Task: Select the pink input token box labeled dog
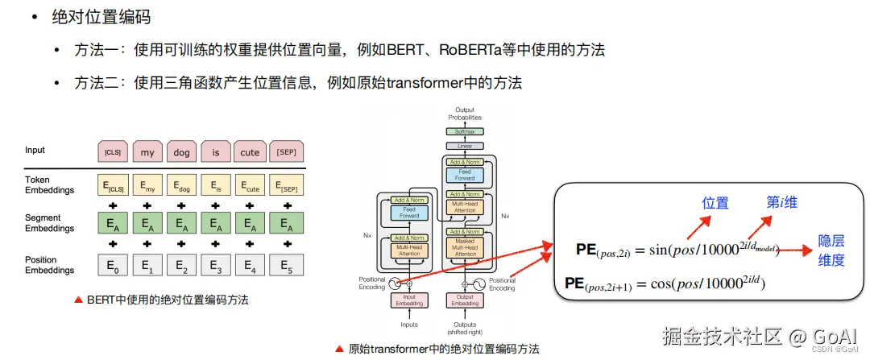click(x=181, y=152)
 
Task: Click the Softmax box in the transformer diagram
click(x=465, y=131)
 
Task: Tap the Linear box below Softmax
click(x=465, y=147)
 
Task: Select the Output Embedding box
click(x=465, y=299)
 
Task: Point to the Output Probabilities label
click(x=465, y=114)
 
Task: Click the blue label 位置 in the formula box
click(x=715, y=203)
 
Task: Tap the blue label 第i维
click(x=781, y=201)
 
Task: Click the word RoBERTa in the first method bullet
click(x=468, y=50)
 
